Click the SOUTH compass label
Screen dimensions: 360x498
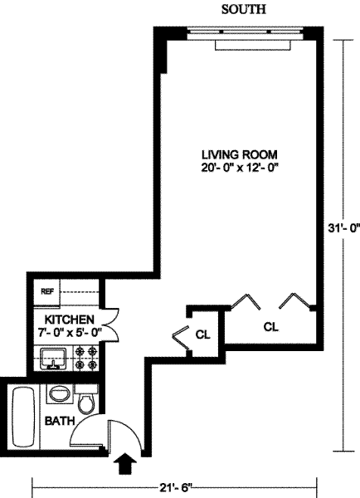pos(244,9)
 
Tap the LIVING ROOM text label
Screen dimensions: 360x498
pos(240,154)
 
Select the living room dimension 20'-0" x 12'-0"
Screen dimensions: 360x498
pos(240,168)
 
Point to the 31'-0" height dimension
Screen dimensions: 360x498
pos(344,227)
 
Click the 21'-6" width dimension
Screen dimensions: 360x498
pos(176,488)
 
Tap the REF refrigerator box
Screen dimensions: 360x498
pos(46,292)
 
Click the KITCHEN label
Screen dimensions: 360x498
pos(69,320)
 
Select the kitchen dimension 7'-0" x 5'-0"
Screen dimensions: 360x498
pos(70,333)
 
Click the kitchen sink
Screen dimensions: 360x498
pos(53,359)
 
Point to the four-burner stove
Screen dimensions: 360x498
pos(86,359)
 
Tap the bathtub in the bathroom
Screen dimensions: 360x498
pos(23,417)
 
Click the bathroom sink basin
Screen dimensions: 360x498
pos(60,393)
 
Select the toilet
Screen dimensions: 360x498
pos(86,399)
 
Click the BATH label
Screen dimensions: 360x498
pos(60,421)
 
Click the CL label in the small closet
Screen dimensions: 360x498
pos(203,334)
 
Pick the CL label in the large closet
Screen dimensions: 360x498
pos(271,326)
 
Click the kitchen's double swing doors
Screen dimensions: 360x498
pos(110,325)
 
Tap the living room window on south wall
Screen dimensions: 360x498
pos(245,32)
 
